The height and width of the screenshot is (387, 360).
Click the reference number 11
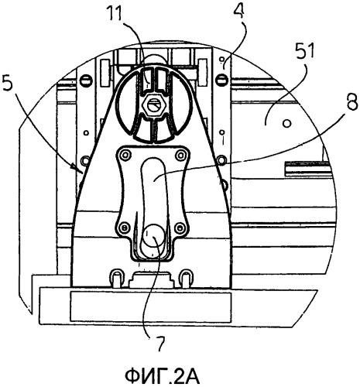click(115, 13)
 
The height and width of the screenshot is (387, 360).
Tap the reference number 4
click(240, 11)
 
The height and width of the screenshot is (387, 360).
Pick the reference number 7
click(160, 344)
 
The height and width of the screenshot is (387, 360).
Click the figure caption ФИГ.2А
click(163, 377)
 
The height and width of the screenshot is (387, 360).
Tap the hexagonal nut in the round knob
click(155, 106)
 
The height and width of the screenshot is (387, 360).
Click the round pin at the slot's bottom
click(154, 236)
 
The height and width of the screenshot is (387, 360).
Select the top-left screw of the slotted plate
click(125, 156)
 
